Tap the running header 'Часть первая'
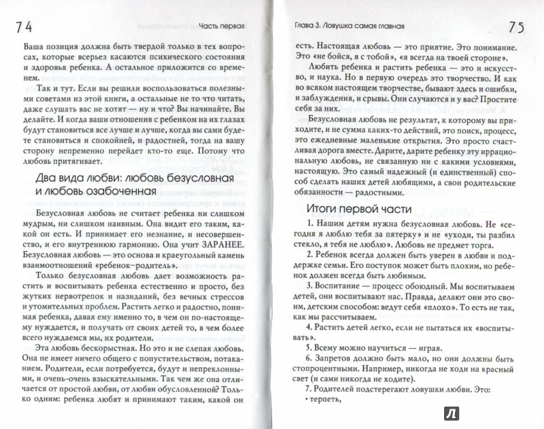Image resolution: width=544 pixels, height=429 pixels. tap(223, 29)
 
